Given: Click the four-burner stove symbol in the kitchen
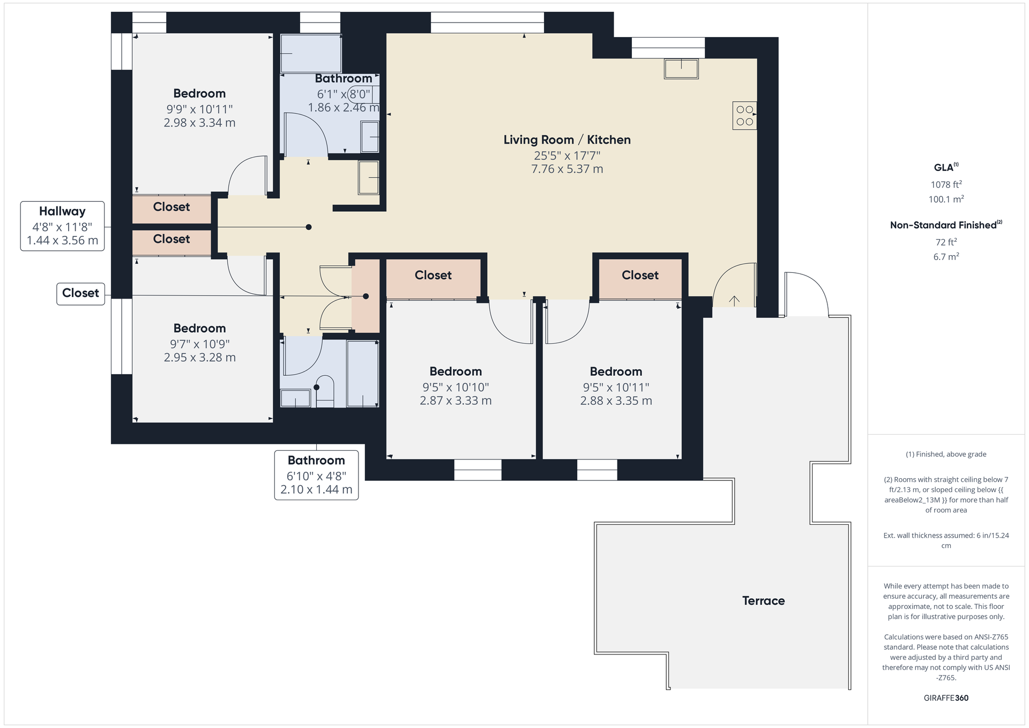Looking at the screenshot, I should (x=744, y=115).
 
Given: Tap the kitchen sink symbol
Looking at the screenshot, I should (x=681, y=69).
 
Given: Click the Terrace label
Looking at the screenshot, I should (x=763, y=600).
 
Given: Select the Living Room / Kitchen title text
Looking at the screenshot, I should (x=566, y=140).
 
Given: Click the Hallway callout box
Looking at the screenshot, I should (x=62, y=226).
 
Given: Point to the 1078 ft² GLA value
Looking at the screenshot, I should (x=946, y=184).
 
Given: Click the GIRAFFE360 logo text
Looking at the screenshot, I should (x=946, y=698).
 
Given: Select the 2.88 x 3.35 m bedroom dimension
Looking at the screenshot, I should (x=616, y=400).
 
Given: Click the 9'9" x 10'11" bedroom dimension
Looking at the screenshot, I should (x=199, y=109).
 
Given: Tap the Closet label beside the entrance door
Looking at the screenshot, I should (x=640, y=275).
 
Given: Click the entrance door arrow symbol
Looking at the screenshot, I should (x=734, y=300).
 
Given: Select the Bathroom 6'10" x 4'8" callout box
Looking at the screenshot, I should (x=316, y=475).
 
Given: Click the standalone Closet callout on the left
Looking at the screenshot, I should (x=80, y=293).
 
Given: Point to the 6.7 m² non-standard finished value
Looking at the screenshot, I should (x=946, y=257).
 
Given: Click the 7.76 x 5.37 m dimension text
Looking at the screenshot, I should (x=566, y=169).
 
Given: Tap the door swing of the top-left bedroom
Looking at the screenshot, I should (x=246, y=175).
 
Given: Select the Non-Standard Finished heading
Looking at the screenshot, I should (x=945, y=225).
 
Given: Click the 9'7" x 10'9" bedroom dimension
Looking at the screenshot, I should (x=199, y=344).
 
